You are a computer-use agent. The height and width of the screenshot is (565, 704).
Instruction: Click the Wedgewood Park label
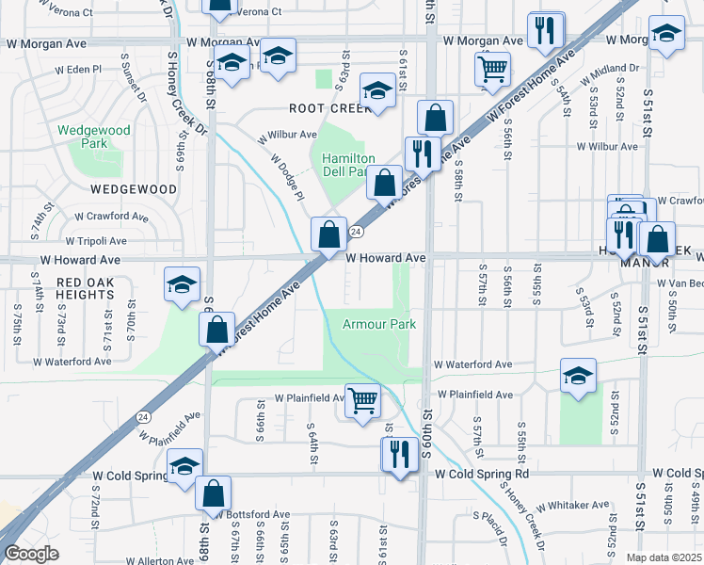click(x=82, y=137)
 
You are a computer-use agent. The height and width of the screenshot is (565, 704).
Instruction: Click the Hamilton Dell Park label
click(x=349, y=166)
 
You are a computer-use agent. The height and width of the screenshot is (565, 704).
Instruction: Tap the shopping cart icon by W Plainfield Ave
click(x=362, y=400)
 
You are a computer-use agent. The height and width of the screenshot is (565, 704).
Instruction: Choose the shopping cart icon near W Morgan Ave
click(x=493, y=69)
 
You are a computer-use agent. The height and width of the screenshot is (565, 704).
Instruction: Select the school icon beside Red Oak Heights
click(x=182, y=285)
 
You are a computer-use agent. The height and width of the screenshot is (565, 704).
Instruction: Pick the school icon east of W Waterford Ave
click(x=578, y=376)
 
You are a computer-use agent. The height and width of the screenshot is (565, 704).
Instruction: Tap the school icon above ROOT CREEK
click(x=377, y=91)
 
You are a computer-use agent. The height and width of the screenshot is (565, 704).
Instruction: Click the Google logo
click(x=32, y=554)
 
